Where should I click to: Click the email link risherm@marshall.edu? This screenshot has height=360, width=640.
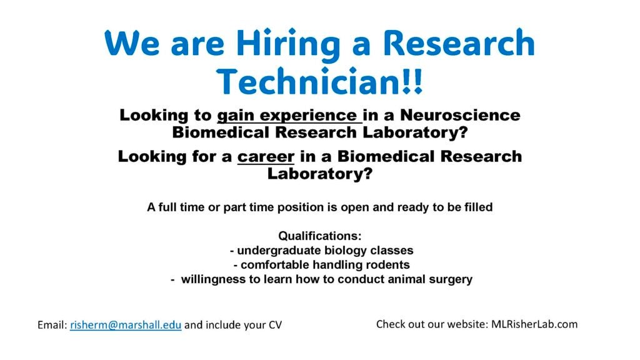coord(126,325)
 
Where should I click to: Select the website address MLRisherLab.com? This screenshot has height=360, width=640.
coord(534,324)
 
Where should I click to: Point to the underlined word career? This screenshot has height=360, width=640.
coord(266,157)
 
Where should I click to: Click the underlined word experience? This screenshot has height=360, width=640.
coord(308,116)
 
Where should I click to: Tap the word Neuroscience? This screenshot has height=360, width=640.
coord(460,115)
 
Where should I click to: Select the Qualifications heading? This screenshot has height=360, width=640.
coord(320,236)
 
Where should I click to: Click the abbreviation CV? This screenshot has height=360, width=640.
coord(275,325)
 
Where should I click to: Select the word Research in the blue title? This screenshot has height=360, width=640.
coord(459,43)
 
